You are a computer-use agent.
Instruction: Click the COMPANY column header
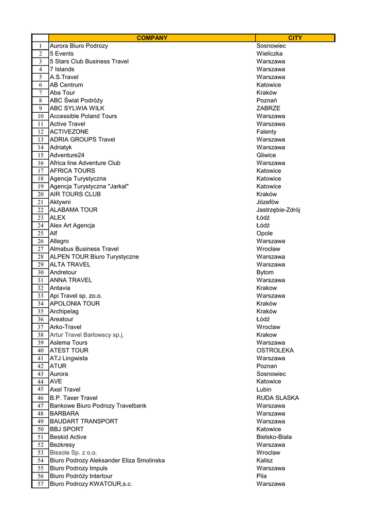(x=152, y=38)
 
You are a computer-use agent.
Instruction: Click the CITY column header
(x=295, y=38)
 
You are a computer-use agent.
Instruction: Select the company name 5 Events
(x=62, y=54)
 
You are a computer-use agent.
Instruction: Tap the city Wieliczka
(x=270, y=54)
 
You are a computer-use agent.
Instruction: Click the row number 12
(x=40, y=132)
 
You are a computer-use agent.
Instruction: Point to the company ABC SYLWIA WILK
(x=77, y=108)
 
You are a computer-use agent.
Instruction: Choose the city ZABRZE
(x=269, y=108)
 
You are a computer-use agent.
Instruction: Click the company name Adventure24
(x=67, y=155)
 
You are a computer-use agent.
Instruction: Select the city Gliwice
(x=266, y=155)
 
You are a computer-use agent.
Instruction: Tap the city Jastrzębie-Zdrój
(x=278, y=210)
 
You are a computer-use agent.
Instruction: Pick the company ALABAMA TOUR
(x=74, y=210)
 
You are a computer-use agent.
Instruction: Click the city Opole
(x=264, y=233)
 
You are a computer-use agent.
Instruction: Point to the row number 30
(x=40, y=272)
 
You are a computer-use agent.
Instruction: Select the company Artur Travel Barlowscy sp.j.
(x=87, y=335)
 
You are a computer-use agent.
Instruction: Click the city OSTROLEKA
(x=275, y=350)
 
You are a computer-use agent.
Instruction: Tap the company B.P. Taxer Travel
(x=74, y=398)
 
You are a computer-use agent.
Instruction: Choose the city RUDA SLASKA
(x=278, y=398)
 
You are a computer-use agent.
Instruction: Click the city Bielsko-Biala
(x=274, y=437)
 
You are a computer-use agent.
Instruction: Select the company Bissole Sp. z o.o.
(x=74, y=452)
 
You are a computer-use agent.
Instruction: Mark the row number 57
(x=40, y=484)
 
